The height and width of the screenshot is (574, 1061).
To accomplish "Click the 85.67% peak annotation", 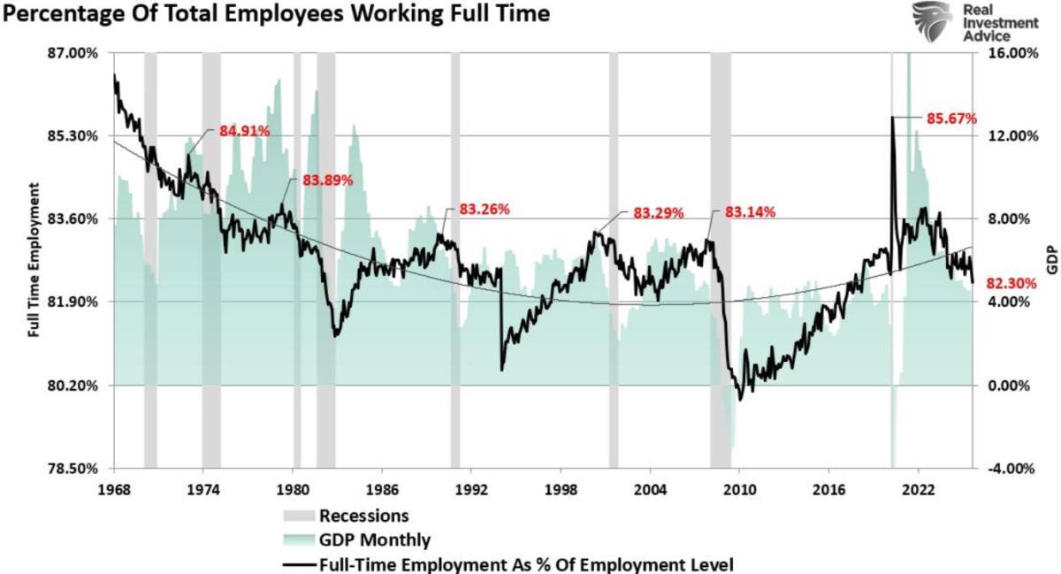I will tap(951, 117).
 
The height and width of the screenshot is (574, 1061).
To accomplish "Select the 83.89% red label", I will tap(328, 180).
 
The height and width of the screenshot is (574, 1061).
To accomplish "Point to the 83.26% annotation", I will tap(485, 210).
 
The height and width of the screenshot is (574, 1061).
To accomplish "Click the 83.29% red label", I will tap(659, 213).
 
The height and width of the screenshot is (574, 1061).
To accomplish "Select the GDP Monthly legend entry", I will tap(374, 539).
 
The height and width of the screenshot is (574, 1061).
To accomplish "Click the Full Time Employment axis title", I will tap(34, 261).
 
